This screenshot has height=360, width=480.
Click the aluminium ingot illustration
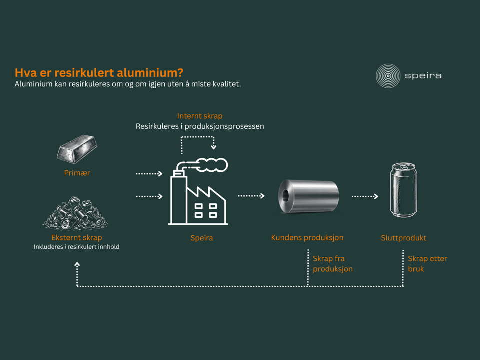click(x=77, y=149)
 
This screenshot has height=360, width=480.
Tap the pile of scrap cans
click(x=75, y=213)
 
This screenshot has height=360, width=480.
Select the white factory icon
click(x=198, y=191)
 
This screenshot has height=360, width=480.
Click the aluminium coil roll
click(x=308, y=196)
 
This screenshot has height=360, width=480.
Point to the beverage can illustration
click(x=404, y=190)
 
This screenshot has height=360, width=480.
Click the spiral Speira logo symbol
click(x=388, y=76)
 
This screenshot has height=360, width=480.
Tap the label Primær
click(x=77, y=173)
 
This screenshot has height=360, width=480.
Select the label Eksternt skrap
click(x=77, y=238)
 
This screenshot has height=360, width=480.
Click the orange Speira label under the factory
click(x=201, y=238)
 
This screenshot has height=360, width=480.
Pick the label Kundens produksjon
click(x=307, y=238)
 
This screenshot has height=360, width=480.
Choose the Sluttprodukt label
click(x=404, y=238)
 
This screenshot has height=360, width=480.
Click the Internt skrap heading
click(x=200, y=116)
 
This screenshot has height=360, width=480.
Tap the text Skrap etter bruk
click(x=427, y=264)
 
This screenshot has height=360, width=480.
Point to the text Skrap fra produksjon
click(x=333, y=264)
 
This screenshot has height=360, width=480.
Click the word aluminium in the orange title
click(x=150, y=73)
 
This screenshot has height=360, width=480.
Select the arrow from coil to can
click(x=365, y=196)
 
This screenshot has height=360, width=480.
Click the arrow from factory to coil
click(x=251, y=196)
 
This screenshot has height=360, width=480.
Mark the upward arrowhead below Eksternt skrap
click(x=77, y=264)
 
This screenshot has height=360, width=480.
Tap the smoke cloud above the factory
click(x=211, y=165)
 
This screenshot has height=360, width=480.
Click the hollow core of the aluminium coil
click(x=285, y=196)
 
